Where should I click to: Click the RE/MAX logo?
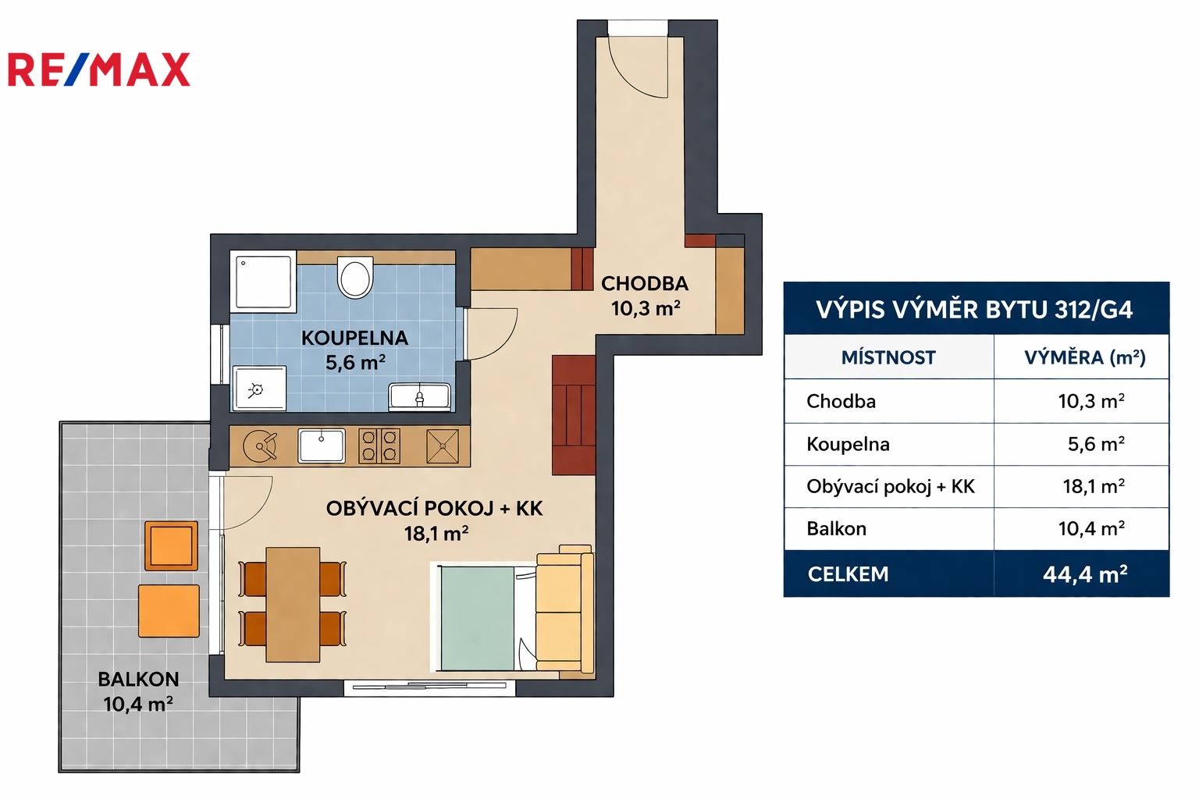99,69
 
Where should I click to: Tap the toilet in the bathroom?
354,276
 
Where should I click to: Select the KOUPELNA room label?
355,338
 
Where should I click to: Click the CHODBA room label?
645,284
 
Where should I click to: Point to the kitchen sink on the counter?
321,446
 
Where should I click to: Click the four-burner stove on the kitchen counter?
379,446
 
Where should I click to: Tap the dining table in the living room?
293,604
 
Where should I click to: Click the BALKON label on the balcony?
139,679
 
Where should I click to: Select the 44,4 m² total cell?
1085,574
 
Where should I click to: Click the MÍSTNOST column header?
888,357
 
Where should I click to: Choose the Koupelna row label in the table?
848,444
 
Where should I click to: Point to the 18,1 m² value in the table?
1094,486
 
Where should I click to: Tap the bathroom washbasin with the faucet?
420,396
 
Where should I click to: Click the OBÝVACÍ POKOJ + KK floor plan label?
434,509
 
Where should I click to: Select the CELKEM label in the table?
848,574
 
